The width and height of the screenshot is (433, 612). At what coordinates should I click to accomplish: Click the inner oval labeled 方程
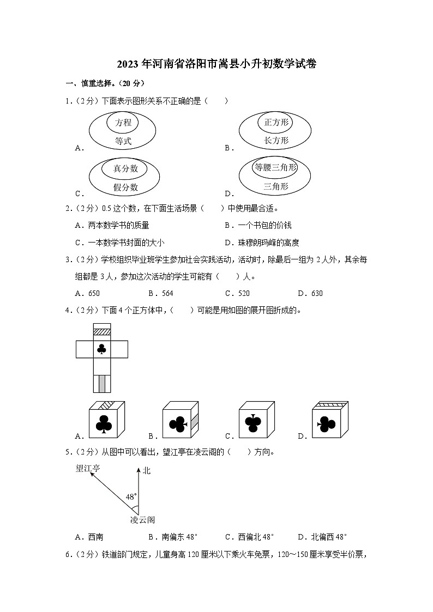coord(123,123)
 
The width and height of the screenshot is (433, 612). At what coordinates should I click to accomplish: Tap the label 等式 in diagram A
coord(123,141)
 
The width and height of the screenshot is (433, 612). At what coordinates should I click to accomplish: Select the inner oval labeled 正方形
coord(275,123)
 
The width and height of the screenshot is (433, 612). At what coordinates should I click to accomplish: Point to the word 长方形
coord(276,141)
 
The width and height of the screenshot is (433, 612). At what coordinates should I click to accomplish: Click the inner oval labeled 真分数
coord(125,168)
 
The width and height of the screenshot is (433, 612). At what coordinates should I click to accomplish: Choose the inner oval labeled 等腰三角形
coord(275,168)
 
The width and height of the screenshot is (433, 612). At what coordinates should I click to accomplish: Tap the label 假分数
coord(125,187)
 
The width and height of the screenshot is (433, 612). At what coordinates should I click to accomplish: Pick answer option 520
coord(243,293)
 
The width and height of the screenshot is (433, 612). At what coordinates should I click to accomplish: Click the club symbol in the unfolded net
coord(101,349)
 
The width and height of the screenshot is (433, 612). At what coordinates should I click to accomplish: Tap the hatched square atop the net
coord(101,331)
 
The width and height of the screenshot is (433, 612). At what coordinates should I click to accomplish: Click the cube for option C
coord(256,420)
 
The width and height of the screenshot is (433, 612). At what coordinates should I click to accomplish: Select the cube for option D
coord(329,420)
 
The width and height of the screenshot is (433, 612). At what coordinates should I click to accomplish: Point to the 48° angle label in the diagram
coord(131,497)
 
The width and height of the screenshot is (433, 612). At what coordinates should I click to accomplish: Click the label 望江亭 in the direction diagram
coord(88,468)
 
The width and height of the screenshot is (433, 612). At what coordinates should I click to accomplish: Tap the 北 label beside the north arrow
coord(146,470)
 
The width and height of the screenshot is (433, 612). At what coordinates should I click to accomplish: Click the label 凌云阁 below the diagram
coord(142,520)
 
